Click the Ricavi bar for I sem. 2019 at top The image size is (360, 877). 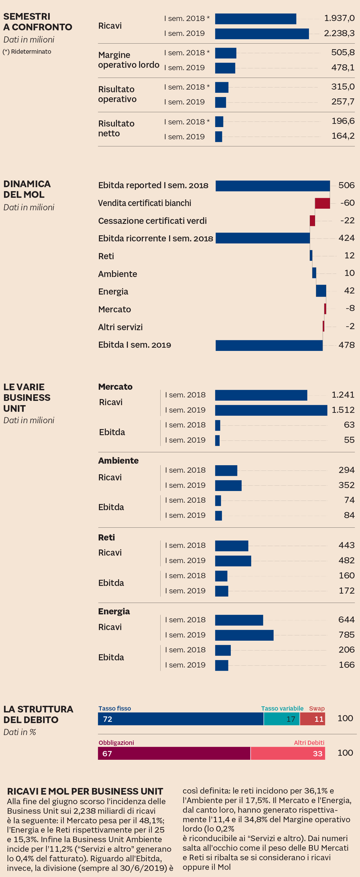[x=262, y=34]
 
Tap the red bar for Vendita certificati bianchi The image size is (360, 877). [x=322, y=203]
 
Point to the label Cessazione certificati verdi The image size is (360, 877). [x=152, y=221]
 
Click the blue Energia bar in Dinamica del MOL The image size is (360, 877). [x=321, y=291]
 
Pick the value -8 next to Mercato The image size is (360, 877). [x=350, y=308]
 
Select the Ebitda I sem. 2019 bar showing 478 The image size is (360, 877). [x=269, y=345]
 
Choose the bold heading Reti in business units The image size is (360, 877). [x=106, y=537]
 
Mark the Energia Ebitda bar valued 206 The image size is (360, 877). [x=223, y=650]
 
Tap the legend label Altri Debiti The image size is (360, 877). [x=309, y=742]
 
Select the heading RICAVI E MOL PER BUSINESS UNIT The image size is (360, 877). [x=85, y=791]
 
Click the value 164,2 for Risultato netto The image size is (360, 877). [x=343, y=136]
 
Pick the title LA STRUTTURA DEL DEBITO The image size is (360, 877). [x=38, y=714]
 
